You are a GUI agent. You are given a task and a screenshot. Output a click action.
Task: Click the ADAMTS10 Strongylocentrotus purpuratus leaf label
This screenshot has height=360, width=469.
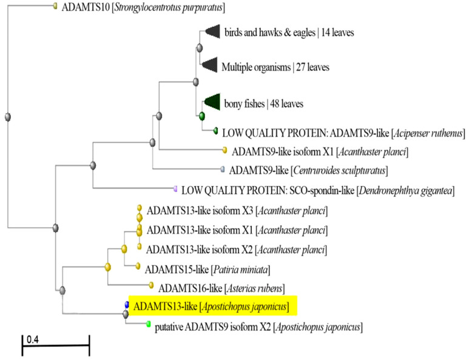[143, 7]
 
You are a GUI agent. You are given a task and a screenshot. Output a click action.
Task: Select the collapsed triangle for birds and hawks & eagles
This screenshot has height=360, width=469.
[214, 31]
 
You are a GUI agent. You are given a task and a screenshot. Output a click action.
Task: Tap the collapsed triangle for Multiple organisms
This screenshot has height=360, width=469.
[210, 64]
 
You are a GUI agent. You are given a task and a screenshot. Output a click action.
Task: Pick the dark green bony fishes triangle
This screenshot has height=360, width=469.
[213, 102]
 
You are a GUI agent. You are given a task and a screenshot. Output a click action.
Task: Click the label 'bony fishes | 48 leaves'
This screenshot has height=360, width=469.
[263, 104]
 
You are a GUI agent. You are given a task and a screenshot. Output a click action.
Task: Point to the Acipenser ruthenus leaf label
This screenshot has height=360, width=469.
[343, 133]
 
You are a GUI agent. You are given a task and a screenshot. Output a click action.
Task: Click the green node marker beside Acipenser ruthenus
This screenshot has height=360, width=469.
[215, 131]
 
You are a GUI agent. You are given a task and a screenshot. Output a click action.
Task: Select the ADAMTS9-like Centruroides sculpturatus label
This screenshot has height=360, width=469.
[308, 171]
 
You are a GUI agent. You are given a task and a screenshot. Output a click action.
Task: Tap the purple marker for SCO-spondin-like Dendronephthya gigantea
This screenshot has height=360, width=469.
[175, 189]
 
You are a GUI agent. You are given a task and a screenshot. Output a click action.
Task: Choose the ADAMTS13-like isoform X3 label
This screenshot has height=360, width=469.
[237, 211]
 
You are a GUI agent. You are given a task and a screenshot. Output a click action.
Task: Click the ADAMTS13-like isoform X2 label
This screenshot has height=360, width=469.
[237, 250]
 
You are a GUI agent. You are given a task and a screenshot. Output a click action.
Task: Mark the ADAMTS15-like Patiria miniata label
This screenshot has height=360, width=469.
[208, 270]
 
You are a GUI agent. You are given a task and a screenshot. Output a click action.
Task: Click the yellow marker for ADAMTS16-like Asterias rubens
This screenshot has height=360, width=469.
[151, 285]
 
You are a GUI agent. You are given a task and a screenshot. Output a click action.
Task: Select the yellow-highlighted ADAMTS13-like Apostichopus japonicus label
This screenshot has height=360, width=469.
[211, 306]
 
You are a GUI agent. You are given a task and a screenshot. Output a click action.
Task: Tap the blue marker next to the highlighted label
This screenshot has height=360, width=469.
[127, 305]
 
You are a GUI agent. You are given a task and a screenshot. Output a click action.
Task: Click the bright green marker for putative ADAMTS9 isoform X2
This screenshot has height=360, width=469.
[148, 324]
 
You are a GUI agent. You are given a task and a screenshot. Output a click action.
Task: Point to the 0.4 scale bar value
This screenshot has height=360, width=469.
[33, 339]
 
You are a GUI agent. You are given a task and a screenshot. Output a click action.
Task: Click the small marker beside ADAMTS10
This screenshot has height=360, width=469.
[55, 5]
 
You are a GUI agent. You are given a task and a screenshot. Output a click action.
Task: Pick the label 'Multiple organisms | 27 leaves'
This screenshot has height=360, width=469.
[275, 67]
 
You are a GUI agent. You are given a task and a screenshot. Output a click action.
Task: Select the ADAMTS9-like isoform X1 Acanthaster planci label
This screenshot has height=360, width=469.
[320, 152]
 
